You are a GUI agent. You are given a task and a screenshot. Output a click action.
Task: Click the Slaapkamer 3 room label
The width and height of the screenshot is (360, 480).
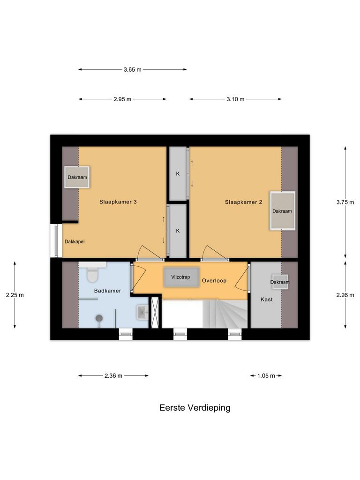(x=118, y=202)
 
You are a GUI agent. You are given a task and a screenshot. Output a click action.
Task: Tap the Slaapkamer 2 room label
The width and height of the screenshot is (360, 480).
(x=243, y=202)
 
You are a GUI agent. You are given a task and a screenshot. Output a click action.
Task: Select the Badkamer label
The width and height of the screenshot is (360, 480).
(x=107, y=291)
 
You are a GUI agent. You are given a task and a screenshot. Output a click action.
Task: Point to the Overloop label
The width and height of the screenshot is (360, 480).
(x=214, y=281)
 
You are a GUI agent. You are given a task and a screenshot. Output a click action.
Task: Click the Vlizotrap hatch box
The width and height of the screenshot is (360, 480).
(x=181, y=277)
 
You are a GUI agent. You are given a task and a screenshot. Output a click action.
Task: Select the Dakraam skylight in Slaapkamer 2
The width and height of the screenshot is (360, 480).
(x=282, y=211)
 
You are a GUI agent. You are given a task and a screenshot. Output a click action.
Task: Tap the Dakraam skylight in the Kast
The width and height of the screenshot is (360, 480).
(x=280, y=282)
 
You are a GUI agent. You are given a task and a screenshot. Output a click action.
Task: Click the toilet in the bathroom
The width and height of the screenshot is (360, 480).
(x=92, y=274)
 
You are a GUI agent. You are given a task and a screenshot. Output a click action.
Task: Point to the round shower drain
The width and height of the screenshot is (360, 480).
(x=99, y=318)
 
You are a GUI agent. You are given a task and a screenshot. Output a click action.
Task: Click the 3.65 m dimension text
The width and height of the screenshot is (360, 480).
(x=132, y=69)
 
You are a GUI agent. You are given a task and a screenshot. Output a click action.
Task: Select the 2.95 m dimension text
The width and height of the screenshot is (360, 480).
(x=122, y=99)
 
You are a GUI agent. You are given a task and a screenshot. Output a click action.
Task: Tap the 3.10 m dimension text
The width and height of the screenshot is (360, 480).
(x=235, y=99)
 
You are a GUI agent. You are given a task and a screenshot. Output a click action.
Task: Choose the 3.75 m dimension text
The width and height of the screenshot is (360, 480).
(x=345, y=202)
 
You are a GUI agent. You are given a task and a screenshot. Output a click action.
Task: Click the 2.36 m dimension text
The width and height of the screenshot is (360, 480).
(x=113, y=375)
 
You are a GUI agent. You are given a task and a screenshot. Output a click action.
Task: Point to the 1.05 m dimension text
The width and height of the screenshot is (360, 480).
(x=266, y=375)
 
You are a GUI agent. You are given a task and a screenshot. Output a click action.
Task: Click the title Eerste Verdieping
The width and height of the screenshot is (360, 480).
(x=195, y=408)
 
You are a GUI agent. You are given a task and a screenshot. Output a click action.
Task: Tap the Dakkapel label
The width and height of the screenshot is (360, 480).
(x=75, y=242)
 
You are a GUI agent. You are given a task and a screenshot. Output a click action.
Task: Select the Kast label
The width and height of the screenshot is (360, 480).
(x=266, y=299)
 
